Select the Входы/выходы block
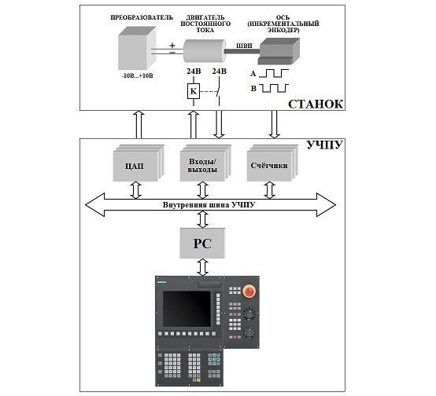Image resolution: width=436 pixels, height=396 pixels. [x=205, y=163]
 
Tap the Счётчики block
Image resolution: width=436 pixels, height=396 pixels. [x=272, y=163]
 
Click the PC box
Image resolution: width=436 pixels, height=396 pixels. [x=202, y=244]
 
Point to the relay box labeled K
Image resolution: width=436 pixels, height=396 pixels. [x=194, y=91]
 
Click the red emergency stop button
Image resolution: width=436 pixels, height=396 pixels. [x=249, y=291]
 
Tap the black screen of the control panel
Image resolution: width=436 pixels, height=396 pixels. [x=187, y=309]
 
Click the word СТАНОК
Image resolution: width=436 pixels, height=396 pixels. [x=316, y=104]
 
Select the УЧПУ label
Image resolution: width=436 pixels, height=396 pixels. [x=324, y=145]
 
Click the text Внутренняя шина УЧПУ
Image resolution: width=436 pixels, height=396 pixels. [x=209, y=205]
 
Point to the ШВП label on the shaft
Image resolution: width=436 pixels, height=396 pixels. [x=244, y=46]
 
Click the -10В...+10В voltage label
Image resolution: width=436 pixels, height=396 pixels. [x=138, y=75]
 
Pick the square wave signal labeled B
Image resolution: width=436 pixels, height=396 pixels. [x=274, y=88]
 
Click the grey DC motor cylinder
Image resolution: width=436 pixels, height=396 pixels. [x=205, y=50]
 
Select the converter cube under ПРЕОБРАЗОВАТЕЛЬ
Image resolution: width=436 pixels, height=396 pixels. [x=137, y=48]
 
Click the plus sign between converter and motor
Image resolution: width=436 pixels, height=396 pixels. [x=172, y=46]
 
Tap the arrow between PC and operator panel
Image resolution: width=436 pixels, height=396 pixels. [x=202, y=268]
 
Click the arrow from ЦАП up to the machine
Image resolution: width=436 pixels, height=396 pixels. [x=139, y=124]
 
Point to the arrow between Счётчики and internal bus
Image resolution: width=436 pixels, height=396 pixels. [x=269, y=190]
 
